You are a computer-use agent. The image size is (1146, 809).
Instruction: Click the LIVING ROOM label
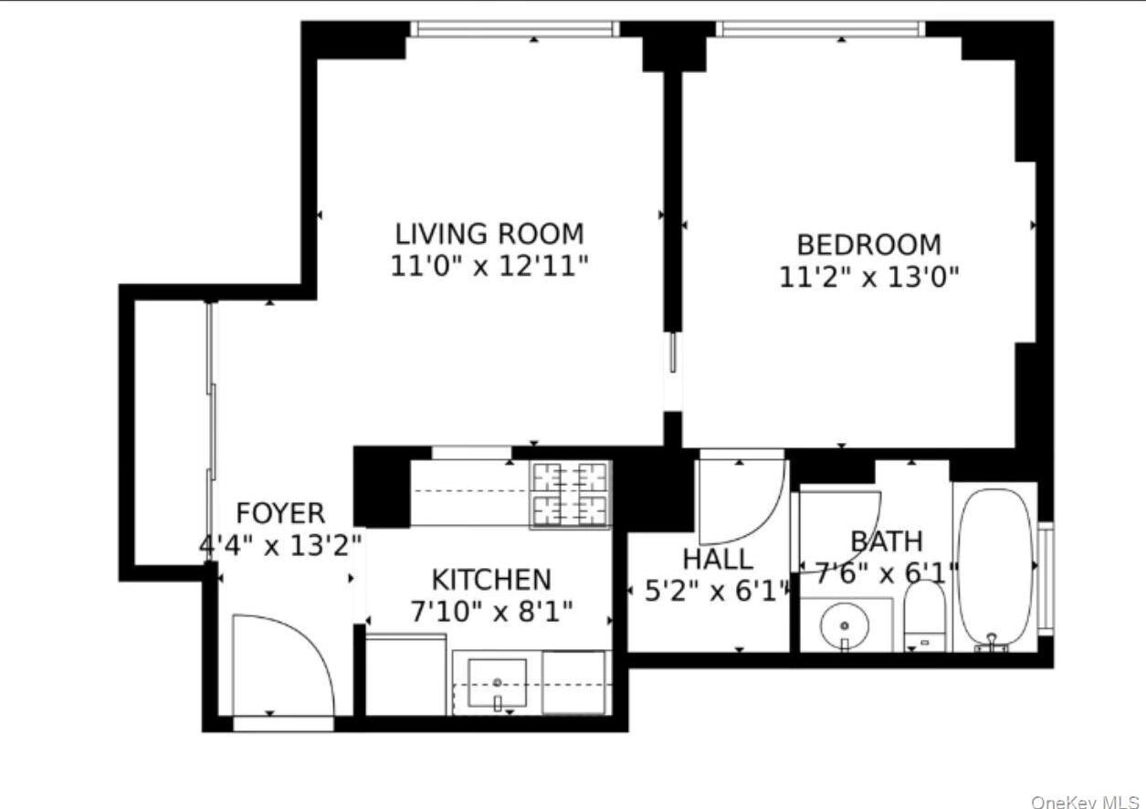pos(489,234)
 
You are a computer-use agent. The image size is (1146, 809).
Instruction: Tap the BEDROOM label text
pos(868,245)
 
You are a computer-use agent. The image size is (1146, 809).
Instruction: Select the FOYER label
pos(279,513)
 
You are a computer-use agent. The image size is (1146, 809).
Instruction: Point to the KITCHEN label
pos(491,580)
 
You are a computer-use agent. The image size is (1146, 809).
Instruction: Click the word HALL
pos(719,559)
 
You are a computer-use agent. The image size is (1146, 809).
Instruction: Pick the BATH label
pos(886,541)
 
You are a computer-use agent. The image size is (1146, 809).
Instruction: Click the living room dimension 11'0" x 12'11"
pos(489,268)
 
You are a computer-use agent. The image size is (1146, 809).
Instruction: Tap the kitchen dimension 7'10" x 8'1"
pos(491,612)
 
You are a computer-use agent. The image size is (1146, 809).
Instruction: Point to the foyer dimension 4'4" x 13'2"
pos(280,545)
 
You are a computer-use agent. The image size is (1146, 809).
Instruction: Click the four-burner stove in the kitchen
pos(571,494)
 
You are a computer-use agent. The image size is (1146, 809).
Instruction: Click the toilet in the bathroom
pos(925,616)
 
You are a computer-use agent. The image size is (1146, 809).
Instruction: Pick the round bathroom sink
pos(845,626)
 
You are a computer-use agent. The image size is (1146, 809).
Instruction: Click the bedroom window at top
pos(819,29)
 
